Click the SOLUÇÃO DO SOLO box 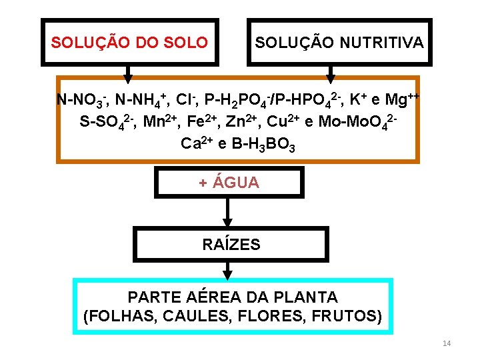[x=130, y=43]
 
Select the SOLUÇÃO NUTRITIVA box [x=339, y=43]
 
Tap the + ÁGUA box [x=229, y=183]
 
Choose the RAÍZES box [x=231, y=244]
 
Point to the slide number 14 [x=447, y=343]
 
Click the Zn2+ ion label [x=241, y=122]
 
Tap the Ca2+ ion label [x=197, y=143]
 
